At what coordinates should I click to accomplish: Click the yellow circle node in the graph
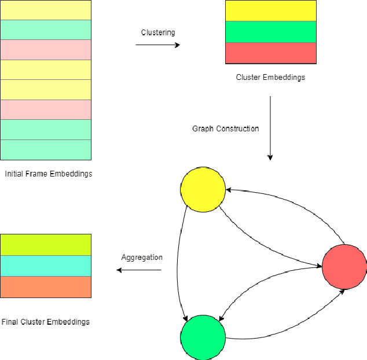(203, 189)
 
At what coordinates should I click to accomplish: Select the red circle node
(344, 266)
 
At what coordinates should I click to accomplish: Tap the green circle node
(203, 337)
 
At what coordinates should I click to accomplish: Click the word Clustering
(158, 32)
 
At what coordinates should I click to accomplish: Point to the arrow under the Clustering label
(157, 45)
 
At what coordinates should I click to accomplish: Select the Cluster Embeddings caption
(270, 77)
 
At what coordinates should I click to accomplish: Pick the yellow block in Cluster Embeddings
(270, 11)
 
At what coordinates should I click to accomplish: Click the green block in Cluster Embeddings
(270, 32)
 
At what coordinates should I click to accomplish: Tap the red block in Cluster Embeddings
(270, 53)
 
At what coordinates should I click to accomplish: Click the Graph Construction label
(225, 128)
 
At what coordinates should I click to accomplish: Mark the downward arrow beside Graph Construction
(270, 128)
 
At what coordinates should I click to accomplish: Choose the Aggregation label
(142, 257)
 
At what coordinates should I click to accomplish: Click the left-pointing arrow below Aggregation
(139, 270)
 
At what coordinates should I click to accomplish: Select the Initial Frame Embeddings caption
(49, 174)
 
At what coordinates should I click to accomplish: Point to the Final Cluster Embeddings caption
(46, 321)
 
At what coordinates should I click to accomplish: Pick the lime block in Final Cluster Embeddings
(46, 245)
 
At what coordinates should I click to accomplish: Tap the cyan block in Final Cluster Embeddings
(46, 266)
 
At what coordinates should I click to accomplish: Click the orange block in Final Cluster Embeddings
(46, 286)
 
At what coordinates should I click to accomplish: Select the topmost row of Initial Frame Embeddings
(46, 10)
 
